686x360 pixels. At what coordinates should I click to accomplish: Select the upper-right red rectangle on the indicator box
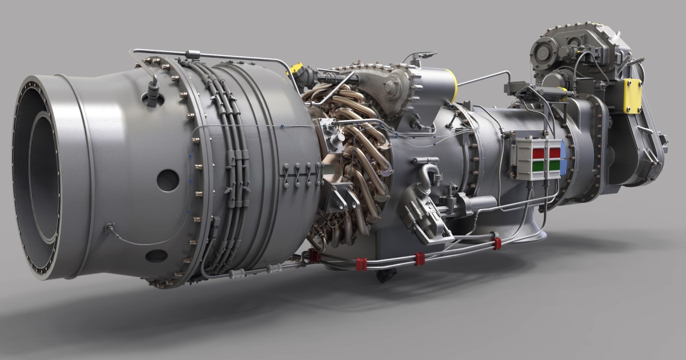click(554, 153)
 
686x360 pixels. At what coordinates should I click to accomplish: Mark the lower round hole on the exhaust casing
click(156, 255)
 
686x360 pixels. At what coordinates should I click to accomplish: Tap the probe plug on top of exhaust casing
click(151, 94)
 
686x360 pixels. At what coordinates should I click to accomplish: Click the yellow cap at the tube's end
click(296, 69)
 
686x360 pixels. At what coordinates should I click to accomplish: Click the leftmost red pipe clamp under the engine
click(314, 256)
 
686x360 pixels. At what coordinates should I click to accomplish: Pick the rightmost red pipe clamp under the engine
click(497, 243)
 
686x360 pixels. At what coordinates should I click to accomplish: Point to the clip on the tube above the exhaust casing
click(192, 55)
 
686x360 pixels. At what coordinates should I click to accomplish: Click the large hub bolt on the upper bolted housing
click(393, 89)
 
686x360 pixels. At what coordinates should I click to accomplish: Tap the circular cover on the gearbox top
click(543, 52)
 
